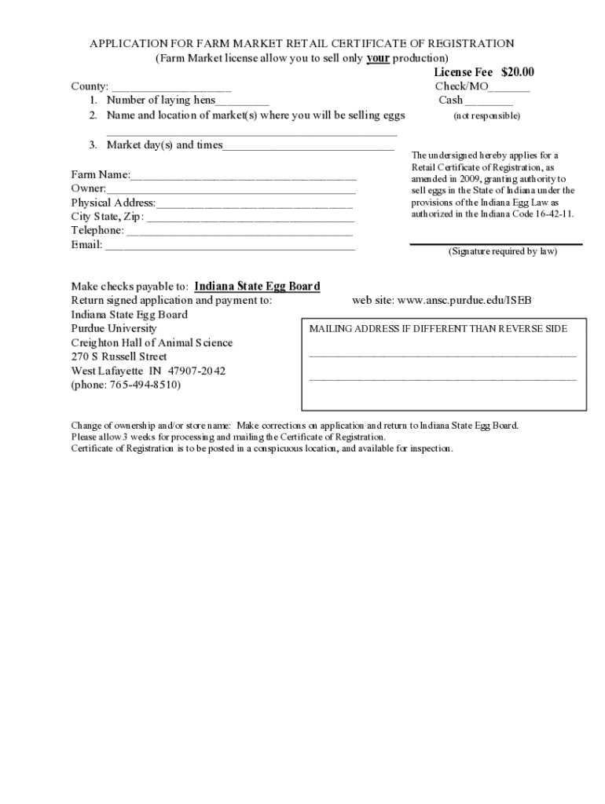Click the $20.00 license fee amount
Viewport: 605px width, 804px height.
coord(518,72)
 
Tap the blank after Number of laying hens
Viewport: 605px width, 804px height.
coord(242,102)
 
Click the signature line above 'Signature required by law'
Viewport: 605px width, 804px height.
coord(496,243)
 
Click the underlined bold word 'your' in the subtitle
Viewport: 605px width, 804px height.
coord(378,59)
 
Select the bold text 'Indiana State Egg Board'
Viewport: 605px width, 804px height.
coord(257,286)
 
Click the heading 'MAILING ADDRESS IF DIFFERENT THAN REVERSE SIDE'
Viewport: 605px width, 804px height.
coord(438,329)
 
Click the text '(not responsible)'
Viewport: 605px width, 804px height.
coord(486,116)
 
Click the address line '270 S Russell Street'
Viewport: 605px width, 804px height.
coord(119,356)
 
